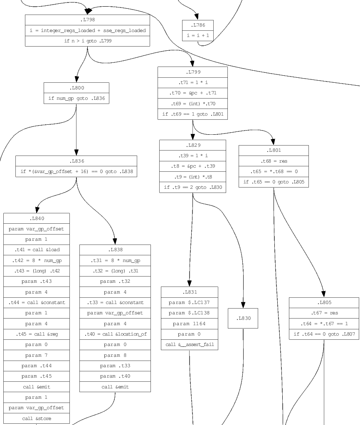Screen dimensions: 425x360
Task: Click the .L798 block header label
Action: (x=87, y=20)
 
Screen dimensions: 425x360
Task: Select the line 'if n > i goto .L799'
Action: (x=87, y=41)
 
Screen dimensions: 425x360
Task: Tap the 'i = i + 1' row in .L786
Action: (x=198, y=36)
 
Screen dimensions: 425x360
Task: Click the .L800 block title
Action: (x=76, y=88)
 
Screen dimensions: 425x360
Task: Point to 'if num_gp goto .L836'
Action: (x=76, y=99)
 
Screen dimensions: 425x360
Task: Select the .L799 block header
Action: (x=192, y=72)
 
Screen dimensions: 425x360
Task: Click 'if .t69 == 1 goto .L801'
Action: (x=192, y=114)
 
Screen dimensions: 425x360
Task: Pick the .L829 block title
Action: (x=192, y=145)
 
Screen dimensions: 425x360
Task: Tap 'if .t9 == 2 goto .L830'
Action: (x=192, y=187)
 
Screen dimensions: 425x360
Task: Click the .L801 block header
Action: (x=274, y=151)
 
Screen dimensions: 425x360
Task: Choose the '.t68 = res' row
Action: (x=274, y=161)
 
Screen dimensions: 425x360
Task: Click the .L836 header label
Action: (x=76, y=161)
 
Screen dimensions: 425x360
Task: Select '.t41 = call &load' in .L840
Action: (x=37, y=250)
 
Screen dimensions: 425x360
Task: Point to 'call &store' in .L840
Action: (x=37, y=418)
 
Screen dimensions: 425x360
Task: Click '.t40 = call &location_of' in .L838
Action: (x=115, y=334)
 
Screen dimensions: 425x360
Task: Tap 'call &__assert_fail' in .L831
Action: (x=190, y=344)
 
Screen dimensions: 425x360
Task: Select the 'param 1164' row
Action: (x=190, y=324)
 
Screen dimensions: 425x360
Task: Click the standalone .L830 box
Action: (x=243, y=319)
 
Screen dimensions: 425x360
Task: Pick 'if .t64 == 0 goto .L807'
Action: (x=324, y=334)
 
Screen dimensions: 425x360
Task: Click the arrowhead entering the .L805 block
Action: (x=323, y=294)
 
